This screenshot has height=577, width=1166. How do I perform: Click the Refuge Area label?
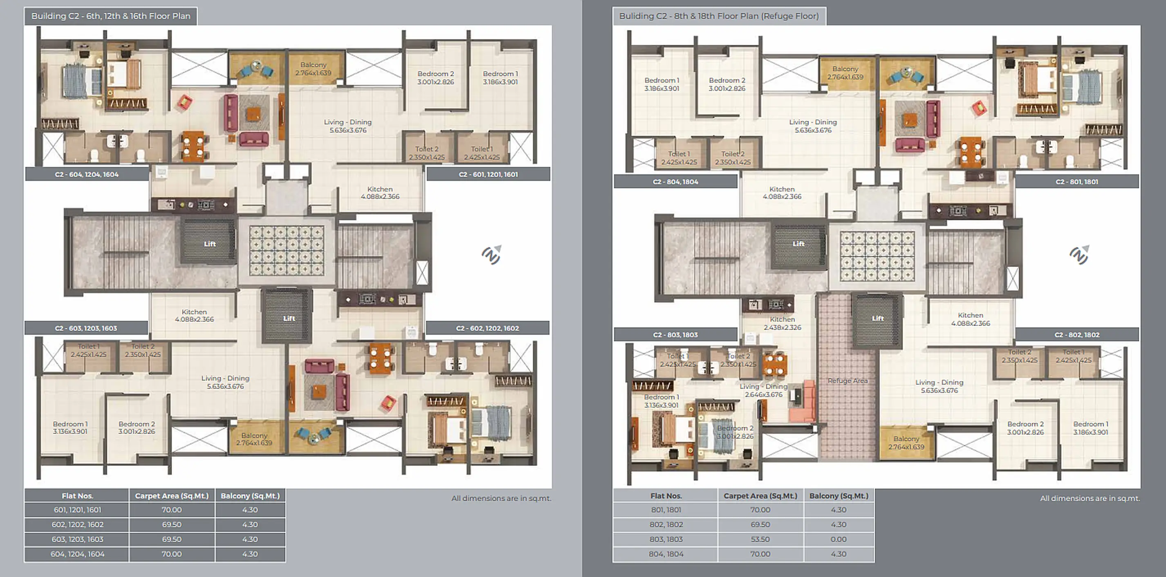[848, 381]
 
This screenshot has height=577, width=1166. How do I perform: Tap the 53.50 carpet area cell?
[760, 539]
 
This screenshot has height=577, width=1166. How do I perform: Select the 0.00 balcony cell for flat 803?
[838, 539]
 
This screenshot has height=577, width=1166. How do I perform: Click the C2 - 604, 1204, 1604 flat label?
[87, 174]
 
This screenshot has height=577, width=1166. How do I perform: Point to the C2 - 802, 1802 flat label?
[1076, 335]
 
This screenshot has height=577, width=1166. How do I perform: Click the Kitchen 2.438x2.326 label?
[782, 323]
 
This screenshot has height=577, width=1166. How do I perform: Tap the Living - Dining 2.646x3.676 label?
[764, 390]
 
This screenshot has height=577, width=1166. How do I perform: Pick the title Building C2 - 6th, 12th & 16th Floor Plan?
[111, 16]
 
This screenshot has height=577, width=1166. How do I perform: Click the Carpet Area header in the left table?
[172, 496]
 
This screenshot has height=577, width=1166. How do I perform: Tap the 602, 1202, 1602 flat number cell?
[77, 525]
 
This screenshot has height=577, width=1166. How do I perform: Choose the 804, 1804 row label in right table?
[666, 554]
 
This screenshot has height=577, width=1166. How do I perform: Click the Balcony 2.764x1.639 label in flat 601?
[313, 69]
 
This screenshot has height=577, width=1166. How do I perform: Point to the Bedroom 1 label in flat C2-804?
[662, 84]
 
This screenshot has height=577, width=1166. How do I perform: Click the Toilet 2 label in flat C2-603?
[143, 351]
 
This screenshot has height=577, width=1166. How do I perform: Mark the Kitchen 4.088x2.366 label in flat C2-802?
[971, 319]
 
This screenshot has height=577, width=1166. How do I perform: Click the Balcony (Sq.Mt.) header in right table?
[838, 496]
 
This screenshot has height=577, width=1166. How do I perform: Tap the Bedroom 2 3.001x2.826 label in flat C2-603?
[137, 428]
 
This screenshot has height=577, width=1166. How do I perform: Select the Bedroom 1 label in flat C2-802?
[1090, 428]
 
